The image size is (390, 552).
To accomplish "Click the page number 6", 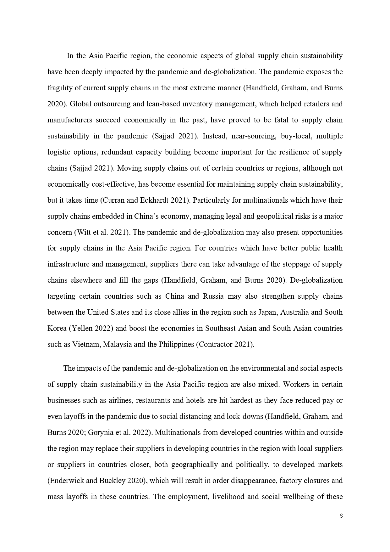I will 341,516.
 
